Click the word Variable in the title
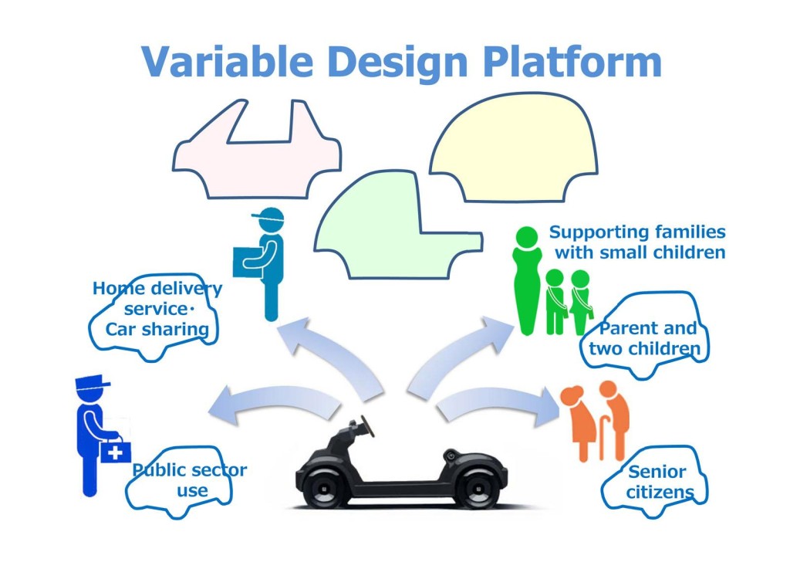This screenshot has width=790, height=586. [x=228, y=62]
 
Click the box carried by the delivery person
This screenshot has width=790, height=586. [x=248, y=262]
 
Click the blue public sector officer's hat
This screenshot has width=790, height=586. [x=92, y=383]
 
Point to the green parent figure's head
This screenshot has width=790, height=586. [x=527, y=238]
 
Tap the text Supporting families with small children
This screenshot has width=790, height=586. [x=637, y=242]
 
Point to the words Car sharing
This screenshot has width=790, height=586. [x=157, y=330]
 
